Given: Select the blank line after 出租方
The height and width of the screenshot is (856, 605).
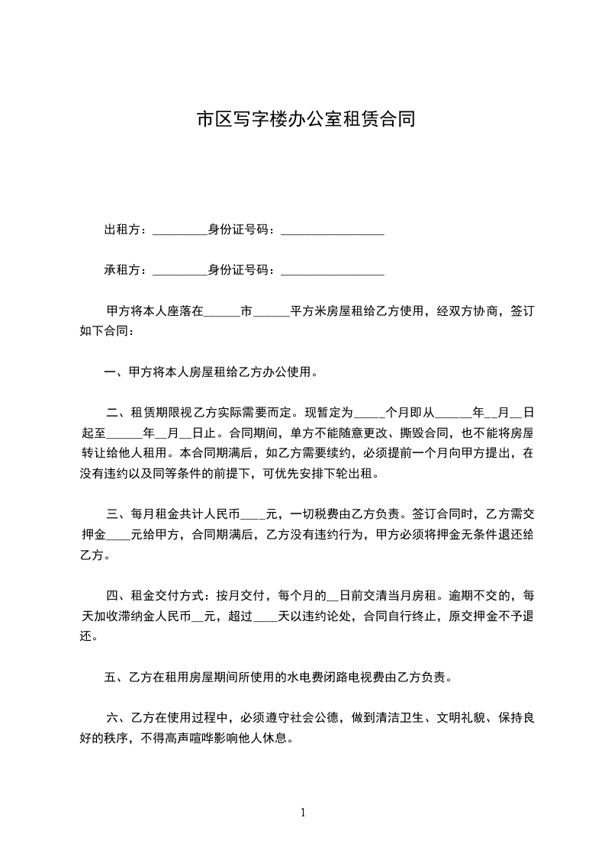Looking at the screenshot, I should point(180,231).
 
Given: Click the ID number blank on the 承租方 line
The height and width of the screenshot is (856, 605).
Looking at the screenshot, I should point(333,271).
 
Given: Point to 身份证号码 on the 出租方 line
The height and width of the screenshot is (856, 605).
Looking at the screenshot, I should point(240,230).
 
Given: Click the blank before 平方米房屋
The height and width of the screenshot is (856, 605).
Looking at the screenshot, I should point(270,313).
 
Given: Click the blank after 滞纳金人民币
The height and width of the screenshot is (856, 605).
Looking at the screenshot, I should point(203,617).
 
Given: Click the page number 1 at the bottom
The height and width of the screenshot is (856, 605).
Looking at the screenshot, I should point(303,813).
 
